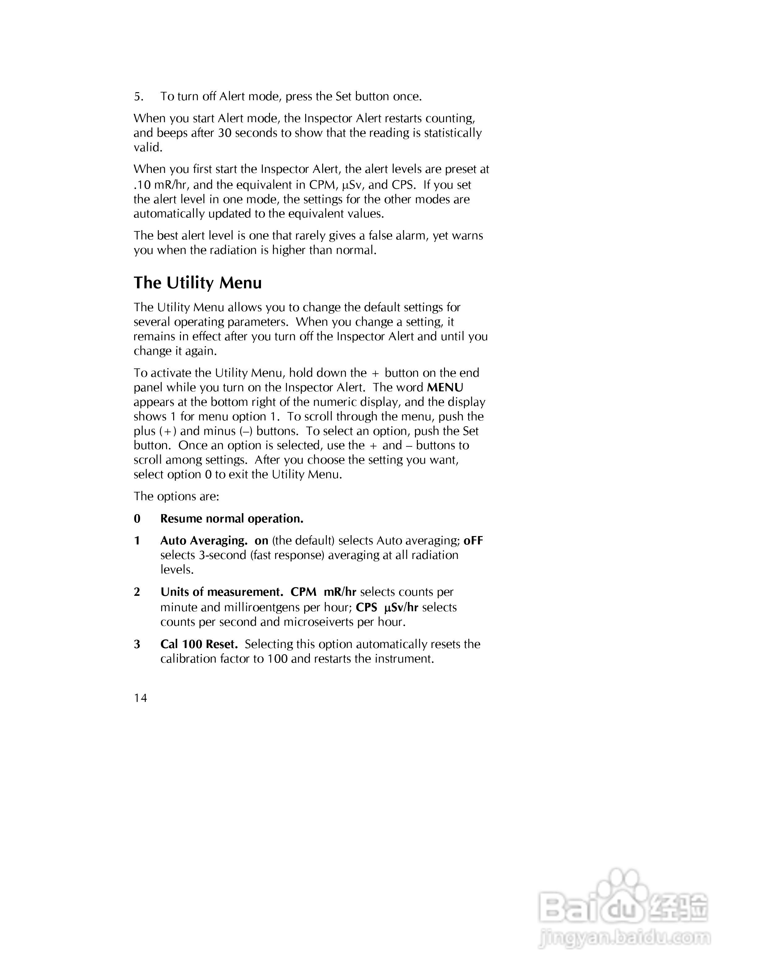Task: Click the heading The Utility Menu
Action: (197, 283)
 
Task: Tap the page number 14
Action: (140, 698)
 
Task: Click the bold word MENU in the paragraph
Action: (445, 387)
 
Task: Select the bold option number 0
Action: (137, 519)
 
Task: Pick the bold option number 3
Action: (137, 644)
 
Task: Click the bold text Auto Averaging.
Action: (203, 541)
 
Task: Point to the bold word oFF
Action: (473, 541)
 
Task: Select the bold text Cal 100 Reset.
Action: (199, 644)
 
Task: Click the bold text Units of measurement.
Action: (221, 592)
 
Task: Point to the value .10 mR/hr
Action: (160, 185)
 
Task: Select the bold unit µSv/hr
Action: (401, 608)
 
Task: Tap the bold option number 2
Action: (137, 592)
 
